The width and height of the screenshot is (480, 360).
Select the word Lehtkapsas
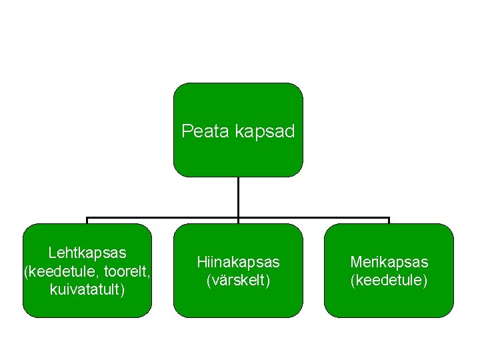click(87, 253)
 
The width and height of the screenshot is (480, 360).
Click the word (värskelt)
click(238, 280)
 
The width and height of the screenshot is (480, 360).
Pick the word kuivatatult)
click(87, 290)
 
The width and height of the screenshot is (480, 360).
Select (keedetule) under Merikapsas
click(389, 280)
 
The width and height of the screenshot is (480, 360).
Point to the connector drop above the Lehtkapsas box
click(87, 221)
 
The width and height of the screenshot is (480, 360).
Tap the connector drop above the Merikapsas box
click(389, 221)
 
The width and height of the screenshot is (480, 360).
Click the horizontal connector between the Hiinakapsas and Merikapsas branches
click(313, 218)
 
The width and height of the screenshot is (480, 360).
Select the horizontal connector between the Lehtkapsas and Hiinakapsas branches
click(163, 218)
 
